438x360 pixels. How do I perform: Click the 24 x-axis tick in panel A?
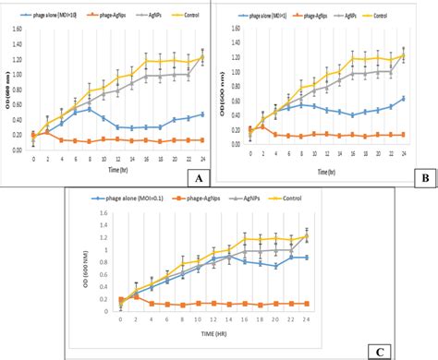(x=201, y=158)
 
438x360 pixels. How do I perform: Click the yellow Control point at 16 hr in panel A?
(x=146, y=61)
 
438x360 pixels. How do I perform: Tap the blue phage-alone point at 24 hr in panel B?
(x=403, y=98)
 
